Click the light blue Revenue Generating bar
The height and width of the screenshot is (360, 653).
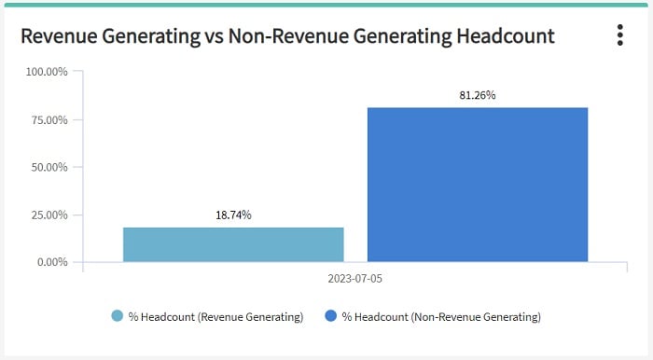point(233,244)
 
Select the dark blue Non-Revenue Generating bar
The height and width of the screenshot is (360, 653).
point(478,185)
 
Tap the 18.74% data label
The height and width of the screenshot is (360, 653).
point(233,215)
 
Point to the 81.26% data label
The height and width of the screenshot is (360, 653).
point(478,95)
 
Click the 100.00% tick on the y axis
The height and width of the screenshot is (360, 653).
point(47,72)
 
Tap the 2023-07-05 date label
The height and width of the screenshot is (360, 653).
point(355,279)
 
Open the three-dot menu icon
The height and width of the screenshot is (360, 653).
point(619,35)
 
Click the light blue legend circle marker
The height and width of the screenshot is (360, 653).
point(118,317)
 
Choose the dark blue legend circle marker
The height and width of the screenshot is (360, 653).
point(331,317)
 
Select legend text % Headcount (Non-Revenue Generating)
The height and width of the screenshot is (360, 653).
point(441,317)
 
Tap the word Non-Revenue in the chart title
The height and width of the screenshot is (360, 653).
point(283,36)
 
